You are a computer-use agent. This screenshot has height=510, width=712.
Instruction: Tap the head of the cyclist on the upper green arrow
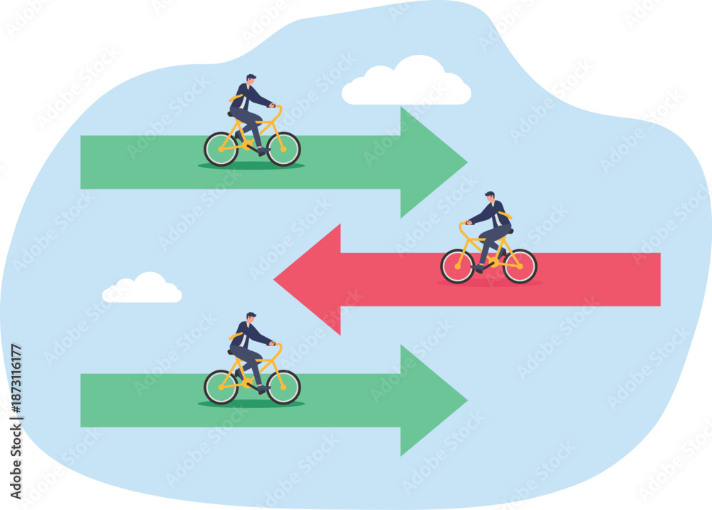pyautogui.click(x=251, y=80)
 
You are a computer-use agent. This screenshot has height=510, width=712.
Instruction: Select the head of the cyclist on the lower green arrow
pyautogui.click(x=251, y=318)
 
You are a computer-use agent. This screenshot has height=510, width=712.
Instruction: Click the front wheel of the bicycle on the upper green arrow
pyautogui.click(x=283, y=149)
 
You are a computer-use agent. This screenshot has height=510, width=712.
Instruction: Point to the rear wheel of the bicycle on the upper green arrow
pyautogui.click(x=221, y=149)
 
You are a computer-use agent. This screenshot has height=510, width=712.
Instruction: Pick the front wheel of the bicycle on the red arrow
pyautogui.click(x=458, y=266)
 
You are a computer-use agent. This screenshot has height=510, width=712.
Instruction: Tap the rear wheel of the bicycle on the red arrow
pyautogui.click(x=520, y=266)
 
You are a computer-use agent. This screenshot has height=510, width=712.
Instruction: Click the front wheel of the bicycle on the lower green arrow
pyautogui.click(x=283, y=387)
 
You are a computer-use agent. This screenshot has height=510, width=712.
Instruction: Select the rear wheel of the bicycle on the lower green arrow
pyautogui.click(x=221, y=387)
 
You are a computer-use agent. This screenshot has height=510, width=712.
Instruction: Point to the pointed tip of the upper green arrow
pyautogui.click(x=467, y=162)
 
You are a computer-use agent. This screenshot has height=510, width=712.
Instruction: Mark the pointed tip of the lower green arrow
pyautogui.click(x=467, y=400)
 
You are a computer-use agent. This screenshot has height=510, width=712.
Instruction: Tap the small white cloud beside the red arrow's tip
pyautogui.click(x=142, y=288)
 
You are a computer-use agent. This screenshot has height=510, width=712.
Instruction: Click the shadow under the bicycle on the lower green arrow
pyautogui.click(x=251, y=404)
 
